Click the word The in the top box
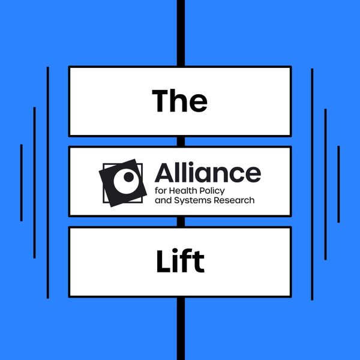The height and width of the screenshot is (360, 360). click(179, 101)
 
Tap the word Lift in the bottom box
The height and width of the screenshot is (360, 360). click(179, 262)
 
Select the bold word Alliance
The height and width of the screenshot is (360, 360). click(208, 173)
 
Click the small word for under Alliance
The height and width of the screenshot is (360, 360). click(161, 190)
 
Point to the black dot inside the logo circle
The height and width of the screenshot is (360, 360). click(127, 178)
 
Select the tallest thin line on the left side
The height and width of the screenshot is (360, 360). click(48, 183)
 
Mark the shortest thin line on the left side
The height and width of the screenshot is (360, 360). click(21, 183)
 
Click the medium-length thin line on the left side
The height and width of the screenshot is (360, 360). click(35, 183)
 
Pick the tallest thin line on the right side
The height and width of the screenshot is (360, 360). click(313, 183)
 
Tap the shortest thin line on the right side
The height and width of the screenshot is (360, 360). click(339, 183)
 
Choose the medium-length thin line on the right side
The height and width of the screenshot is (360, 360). click(325, 183)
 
